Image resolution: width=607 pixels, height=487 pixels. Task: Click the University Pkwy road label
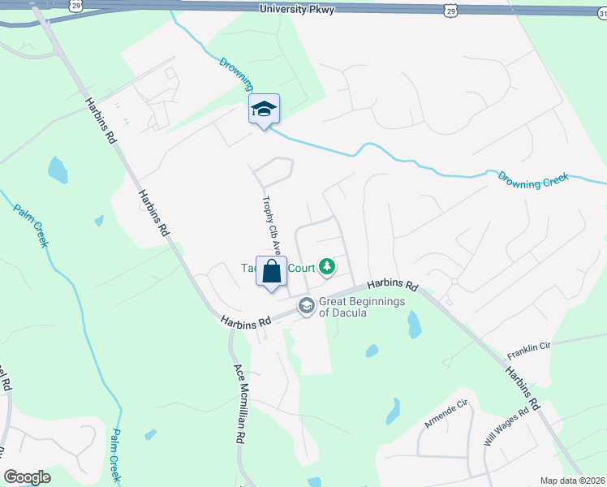coord(297,9)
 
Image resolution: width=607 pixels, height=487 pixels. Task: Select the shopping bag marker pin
coord(272,272)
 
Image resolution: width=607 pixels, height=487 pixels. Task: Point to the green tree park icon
coord(327,265)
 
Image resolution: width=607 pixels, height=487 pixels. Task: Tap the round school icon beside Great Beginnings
coord(307,306)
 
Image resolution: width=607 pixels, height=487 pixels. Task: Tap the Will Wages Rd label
coord(506,427)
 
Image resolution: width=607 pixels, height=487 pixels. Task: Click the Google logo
coord(27,477)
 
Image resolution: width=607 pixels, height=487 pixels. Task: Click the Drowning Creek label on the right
coord(534,179)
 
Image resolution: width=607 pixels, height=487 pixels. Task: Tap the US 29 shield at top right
coord(451,9)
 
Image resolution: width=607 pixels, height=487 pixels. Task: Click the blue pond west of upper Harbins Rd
coord(58,170)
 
